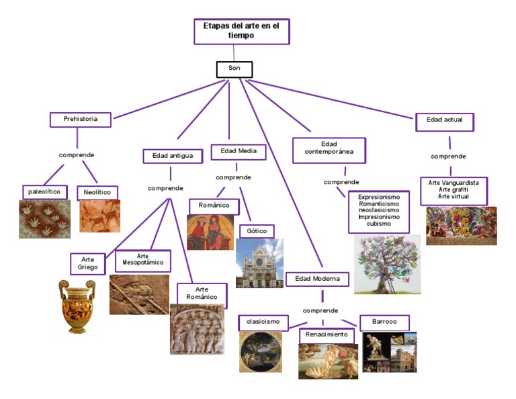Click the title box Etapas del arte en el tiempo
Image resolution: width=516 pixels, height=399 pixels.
(x=241, y=31)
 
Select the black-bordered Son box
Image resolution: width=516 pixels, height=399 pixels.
(x=234, y=69)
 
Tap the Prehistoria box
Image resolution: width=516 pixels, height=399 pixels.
(x=80, y=120)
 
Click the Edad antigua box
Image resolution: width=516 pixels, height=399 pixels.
(x=173, y=156)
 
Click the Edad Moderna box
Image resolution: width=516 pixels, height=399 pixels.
(x=317, y=279)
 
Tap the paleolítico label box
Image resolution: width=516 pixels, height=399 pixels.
(x=45, y=192)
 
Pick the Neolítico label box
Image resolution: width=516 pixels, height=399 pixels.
(x=97, y=193)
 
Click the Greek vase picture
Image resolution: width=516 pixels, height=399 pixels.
(x=76, y=306)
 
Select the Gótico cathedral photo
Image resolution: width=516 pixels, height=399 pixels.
(x=259, y=263)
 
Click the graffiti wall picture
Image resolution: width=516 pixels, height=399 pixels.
(x=461, y=226)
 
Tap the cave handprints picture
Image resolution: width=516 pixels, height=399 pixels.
(x=44, y=219)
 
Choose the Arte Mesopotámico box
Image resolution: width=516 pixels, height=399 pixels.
(x=142, y=260)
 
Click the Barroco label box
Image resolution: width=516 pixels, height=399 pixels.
(x=384, y=322)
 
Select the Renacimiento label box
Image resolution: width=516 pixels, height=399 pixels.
(x=327, y=335)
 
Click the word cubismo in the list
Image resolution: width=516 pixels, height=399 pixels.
(x=379, y=224)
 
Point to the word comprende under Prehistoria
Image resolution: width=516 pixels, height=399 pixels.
(x=77, y=155)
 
